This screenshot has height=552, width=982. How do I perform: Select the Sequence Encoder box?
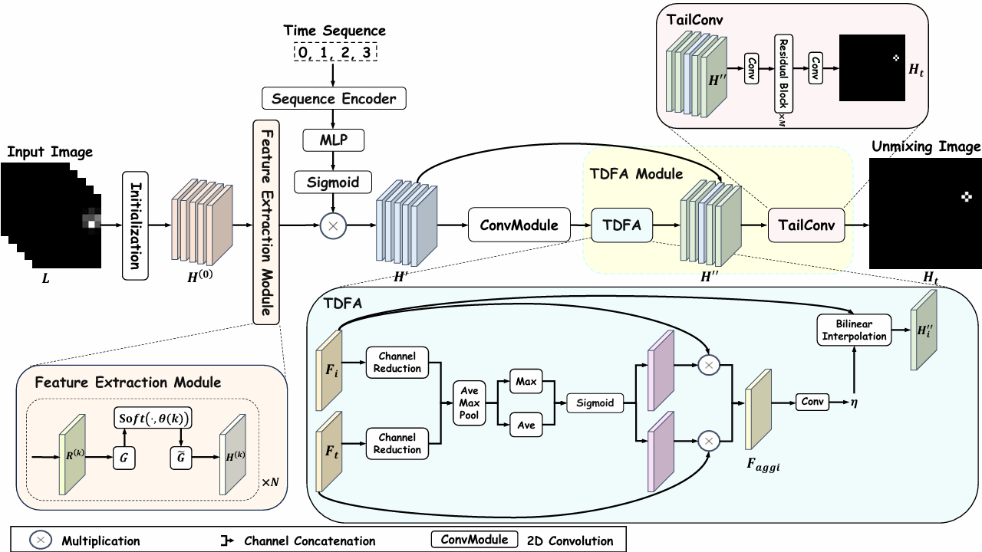[334, 99]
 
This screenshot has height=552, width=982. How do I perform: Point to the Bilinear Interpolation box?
[853, 329]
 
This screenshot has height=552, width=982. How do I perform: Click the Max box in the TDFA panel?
[527, 381]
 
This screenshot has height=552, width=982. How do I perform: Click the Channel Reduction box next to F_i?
[397, 363]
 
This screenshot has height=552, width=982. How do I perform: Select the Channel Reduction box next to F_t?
[397, 444]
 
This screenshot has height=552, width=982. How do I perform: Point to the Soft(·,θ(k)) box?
[153, 419]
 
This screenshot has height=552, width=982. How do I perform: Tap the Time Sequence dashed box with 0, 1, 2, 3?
[334, 53]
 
